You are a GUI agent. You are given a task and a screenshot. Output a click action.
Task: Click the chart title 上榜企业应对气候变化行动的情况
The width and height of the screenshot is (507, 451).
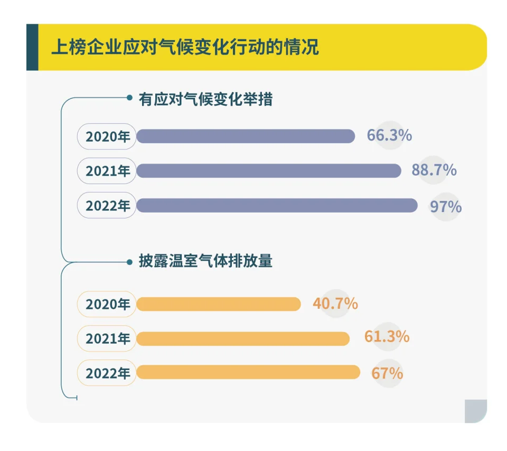[185, 47]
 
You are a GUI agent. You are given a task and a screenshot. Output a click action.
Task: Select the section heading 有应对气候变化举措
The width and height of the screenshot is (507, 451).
[205, 99]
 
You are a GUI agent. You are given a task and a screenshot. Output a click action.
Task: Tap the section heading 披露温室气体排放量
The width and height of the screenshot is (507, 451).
[205, 261]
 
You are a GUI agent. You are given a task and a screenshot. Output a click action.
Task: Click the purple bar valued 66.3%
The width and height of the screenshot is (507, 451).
[246, 136]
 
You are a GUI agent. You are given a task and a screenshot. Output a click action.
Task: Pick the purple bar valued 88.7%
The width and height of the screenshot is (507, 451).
[269, 171]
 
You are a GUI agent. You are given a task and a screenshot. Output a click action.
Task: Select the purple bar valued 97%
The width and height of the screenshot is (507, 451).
[277, 206]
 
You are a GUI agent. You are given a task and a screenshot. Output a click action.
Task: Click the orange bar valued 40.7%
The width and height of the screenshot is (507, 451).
[219, 304]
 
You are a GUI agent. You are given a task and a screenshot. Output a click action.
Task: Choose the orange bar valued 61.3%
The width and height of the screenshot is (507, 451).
[243, 338]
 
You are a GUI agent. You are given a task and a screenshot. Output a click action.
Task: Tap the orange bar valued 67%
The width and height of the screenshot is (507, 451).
[248, 372]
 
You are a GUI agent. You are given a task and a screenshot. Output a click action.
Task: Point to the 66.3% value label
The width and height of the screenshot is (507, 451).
[389, 135]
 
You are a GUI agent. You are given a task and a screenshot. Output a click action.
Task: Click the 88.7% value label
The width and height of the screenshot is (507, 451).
[434, 170]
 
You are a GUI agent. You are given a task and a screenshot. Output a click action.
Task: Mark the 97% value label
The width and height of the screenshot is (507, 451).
[446, 206]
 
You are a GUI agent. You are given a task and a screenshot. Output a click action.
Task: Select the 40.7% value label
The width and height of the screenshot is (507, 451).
[335, 304]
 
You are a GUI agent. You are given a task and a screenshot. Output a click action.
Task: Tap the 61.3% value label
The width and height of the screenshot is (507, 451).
[387, 337]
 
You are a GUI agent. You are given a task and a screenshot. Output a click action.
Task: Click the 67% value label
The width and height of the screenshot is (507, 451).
[387, 373]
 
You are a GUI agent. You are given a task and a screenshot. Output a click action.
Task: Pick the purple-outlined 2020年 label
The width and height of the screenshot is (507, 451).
[107, 136]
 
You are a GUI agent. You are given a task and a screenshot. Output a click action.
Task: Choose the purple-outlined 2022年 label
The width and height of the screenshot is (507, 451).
[107, 206]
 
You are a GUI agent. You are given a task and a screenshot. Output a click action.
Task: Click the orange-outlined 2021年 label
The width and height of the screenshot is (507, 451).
[107, 338]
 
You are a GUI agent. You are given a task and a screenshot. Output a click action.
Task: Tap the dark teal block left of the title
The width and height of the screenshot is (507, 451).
[32, 47]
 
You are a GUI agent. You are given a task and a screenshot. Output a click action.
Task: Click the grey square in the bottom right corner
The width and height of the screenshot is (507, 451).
[475, 411]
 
